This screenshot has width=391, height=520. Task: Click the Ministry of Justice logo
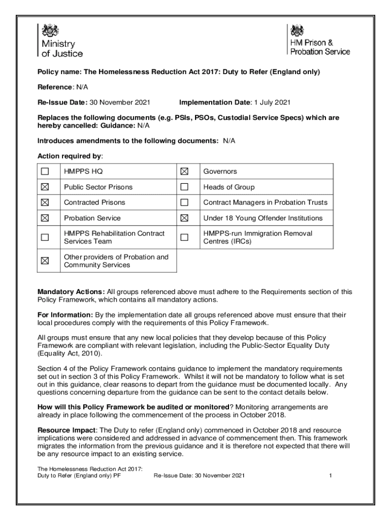[60, 40]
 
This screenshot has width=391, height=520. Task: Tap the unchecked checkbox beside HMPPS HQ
[45, 172]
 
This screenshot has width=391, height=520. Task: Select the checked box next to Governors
[184, 172]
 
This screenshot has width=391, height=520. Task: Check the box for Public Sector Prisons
[45, 187]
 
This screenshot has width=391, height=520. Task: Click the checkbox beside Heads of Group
[184, 187]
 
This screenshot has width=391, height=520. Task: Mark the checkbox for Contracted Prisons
[45, 203]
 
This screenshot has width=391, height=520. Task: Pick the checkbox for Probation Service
[45, 218]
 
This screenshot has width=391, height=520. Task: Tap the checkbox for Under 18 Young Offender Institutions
[184, 218]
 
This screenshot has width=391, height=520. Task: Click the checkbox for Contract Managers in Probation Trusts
[184, 203]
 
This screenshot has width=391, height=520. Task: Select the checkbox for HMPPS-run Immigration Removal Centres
[184, 237]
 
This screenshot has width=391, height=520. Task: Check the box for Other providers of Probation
[45, 261]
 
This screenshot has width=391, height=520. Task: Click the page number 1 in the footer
[330, 476]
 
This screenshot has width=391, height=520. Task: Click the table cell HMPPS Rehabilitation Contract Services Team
[114, 237]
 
